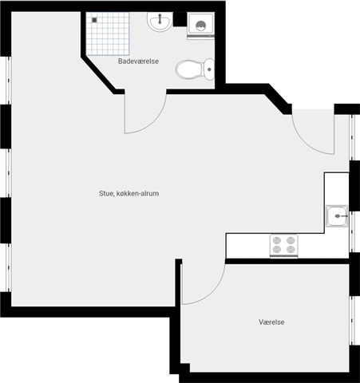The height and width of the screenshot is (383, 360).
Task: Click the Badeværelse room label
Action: tap(138, 61)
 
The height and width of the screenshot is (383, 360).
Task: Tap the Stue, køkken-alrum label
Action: tap(129, 193)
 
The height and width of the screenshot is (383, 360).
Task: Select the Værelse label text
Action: tap(271, 322)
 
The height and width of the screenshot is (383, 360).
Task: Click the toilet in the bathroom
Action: tap(195, 69)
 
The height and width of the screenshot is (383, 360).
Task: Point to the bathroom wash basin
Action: tap(159, 21)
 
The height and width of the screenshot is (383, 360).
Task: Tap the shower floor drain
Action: tap(94, 20)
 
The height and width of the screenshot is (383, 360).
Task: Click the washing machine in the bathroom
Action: tap(200, 26)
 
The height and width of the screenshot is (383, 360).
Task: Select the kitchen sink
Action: tap(337, 216)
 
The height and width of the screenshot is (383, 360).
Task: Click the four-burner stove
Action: tap(284, 246)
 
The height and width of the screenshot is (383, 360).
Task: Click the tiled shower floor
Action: tap(108, 34)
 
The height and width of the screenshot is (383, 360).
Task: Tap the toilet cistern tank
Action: tap(209, 69)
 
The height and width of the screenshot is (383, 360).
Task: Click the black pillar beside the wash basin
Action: tap(180, 19)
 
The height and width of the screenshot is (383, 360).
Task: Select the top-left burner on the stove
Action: tap(277, 241)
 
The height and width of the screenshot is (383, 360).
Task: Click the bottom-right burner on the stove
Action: tap(291, 249)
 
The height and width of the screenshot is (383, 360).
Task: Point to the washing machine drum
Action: tap(200, 26)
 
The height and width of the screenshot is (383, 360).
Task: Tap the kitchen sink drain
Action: tap(338, 216)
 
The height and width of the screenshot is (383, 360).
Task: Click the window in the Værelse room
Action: tap(353, 321)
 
